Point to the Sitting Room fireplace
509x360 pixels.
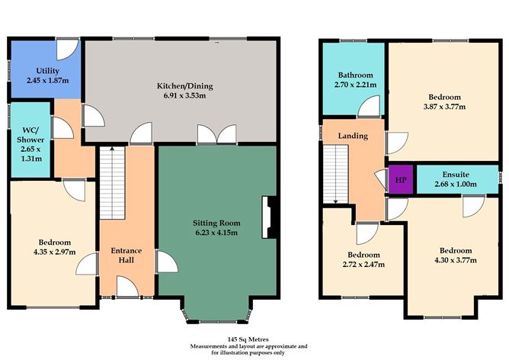266,217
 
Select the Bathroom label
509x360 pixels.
356,75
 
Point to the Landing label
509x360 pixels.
353,136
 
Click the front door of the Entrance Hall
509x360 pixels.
125,288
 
